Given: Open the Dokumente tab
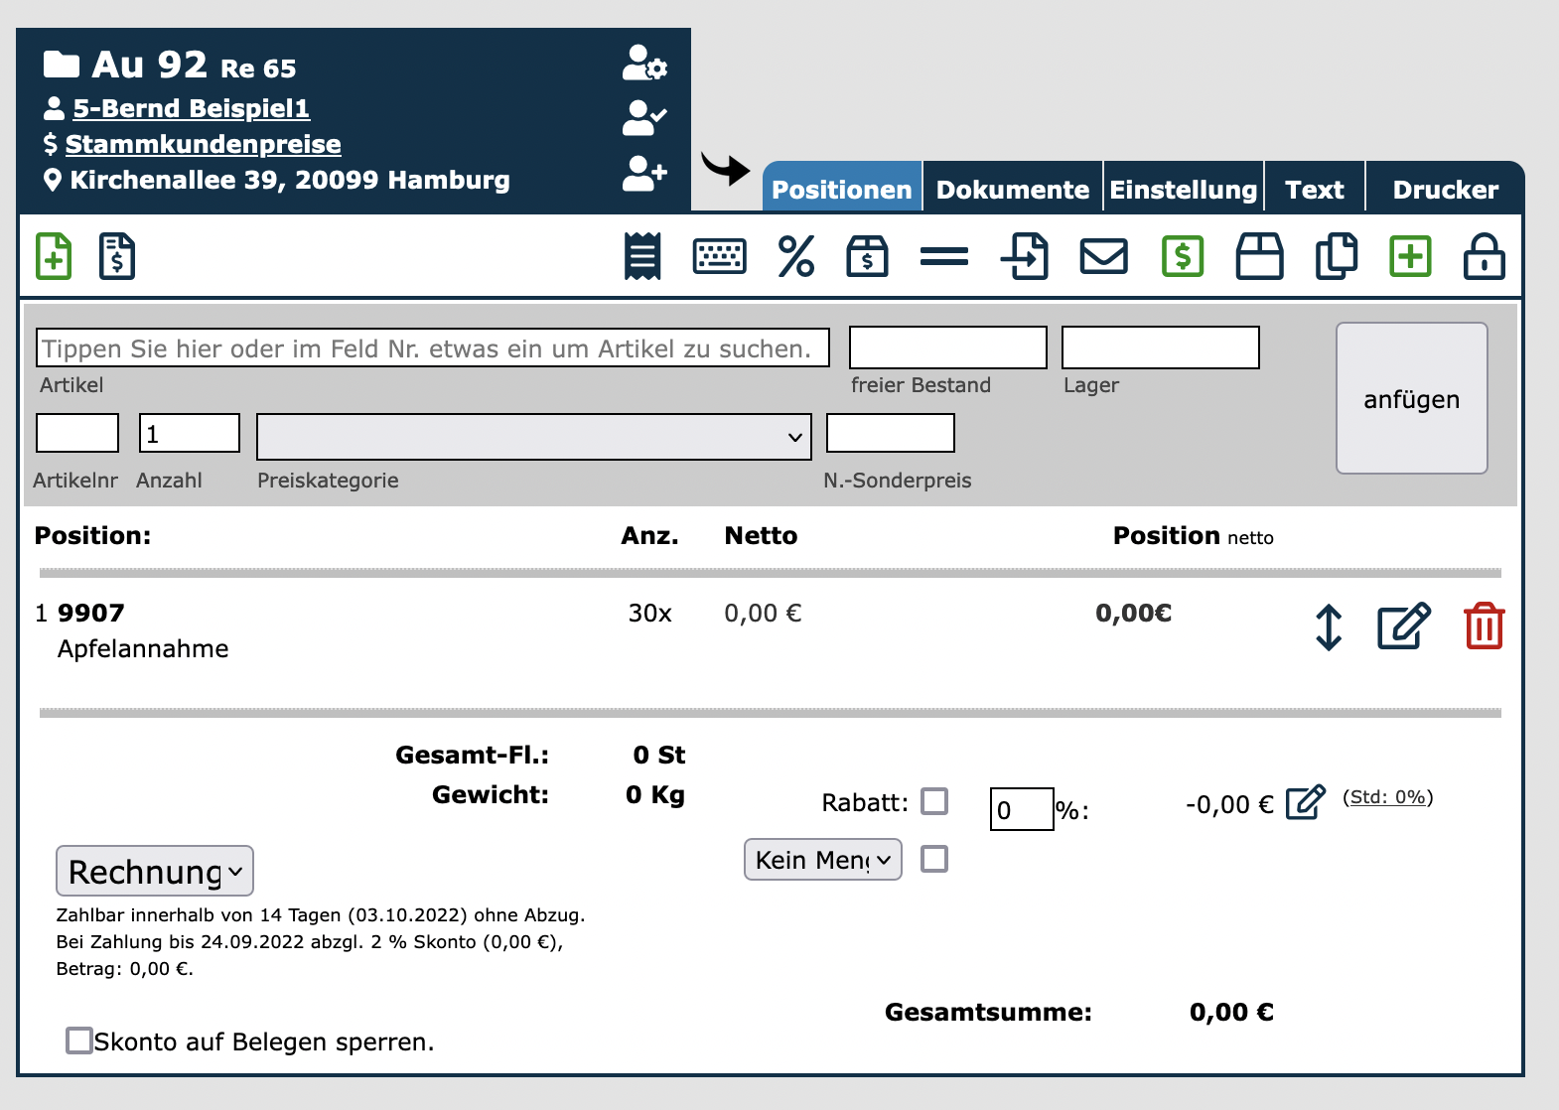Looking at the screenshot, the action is click(x=1013, y=189).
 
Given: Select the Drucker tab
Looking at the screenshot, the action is click(x=1445, y=189).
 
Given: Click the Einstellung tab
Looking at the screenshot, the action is click(x=1184, y=189).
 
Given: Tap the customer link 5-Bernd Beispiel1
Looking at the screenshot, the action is click(x=191, y=108).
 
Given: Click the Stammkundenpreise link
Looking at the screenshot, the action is click(x=203, y=144).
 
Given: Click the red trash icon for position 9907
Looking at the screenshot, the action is click(x=1484, y=625).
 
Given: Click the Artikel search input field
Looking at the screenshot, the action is click(x=432, y=347).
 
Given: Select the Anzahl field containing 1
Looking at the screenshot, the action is click(x=190, y=433).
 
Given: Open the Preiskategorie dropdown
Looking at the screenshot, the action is click(x=534, y=436).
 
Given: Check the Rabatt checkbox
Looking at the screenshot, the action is click(x=934, y=801).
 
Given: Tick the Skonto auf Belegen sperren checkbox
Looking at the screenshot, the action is click(x=78, y=1041).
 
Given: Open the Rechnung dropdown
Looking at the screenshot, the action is click(x=155, y=871).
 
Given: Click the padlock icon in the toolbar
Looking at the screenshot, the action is click(x=1484, y=256).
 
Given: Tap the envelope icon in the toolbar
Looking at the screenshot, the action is click(x=1103, y=256).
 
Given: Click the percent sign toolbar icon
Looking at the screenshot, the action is click(x=795, y=256).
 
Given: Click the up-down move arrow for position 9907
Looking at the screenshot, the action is click(x=1329, y=627).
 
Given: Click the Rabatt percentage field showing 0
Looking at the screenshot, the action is click(x=1022, y=808).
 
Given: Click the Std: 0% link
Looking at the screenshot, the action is click(x=1388, y=797).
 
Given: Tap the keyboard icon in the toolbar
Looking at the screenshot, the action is click(x=719, y=256).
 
